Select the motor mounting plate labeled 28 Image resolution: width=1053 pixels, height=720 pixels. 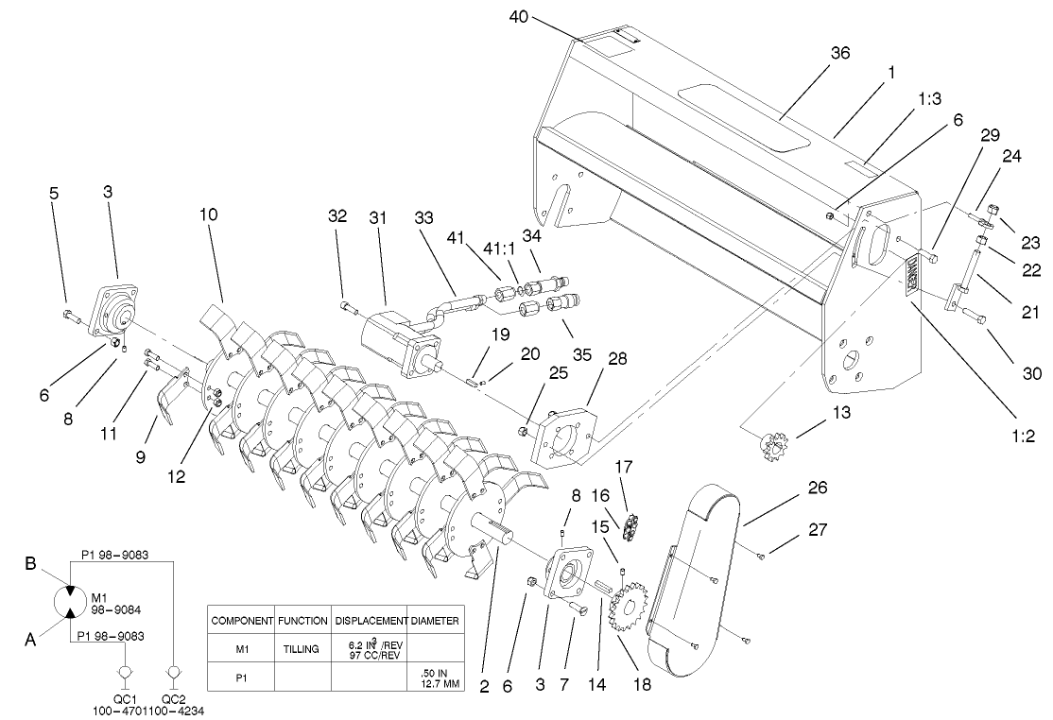563,435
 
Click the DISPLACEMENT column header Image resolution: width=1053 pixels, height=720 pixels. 369,621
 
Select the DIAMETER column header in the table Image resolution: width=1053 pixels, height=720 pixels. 435,621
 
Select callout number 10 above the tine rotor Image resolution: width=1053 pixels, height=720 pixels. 209,214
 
